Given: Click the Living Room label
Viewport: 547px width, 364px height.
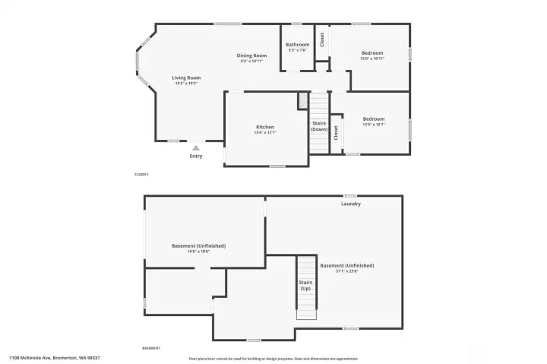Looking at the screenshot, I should point(186,78).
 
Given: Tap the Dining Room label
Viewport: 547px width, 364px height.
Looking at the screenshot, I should point(251,55).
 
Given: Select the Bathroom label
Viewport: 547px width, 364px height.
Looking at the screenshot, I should point(297,44).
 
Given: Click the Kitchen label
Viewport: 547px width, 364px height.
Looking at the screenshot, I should point(265,127).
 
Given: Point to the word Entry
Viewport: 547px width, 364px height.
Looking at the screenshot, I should point(196,157).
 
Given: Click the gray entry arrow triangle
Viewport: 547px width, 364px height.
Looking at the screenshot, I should point(196,148).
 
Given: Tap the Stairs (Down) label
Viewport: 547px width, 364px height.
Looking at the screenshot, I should point(320,126).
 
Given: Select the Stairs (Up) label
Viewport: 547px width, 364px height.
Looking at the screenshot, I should point(305,286).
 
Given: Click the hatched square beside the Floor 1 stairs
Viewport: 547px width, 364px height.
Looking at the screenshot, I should point(303,100).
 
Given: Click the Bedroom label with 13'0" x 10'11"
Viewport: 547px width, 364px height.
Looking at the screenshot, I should point(372,52).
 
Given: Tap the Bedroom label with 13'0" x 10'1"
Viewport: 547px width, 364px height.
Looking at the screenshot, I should point(373,119).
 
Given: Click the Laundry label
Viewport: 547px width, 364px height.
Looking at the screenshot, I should point(350,204).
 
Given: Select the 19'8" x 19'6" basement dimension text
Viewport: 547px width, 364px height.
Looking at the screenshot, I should point(198,252).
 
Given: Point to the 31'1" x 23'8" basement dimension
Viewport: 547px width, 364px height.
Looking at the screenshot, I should point(346,271).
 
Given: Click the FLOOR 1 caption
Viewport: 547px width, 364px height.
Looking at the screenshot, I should point(141,175).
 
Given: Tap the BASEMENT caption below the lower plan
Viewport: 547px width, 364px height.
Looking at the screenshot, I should point(151,348).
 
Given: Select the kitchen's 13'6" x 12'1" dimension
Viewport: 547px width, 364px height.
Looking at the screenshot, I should point(265,133).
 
